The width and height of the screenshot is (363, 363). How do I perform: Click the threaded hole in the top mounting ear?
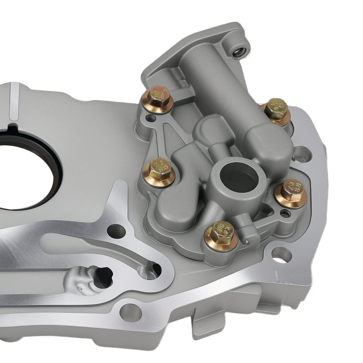[239, 52]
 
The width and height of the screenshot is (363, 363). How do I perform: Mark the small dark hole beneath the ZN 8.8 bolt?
[285, 214]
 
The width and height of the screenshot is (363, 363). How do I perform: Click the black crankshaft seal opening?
[22, 174]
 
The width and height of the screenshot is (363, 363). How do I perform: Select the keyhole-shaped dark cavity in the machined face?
[102, 277]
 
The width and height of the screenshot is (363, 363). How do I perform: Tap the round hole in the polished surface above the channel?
[117, 231]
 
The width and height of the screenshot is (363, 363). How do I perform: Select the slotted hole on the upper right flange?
[302, 154]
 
